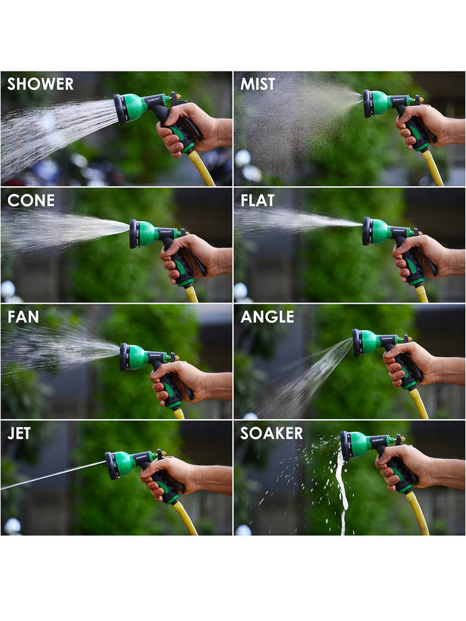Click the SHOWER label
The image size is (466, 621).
click(x=40, y=84)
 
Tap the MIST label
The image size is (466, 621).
click(x=258, y=84)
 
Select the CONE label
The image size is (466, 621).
click(x=31, y=201)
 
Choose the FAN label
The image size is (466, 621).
click(x=23, y=317)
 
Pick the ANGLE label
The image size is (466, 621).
click(x=267, y=317)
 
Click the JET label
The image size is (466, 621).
click(x=19, y=433)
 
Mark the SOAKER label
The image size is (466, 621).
click(x=272, y=433)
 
